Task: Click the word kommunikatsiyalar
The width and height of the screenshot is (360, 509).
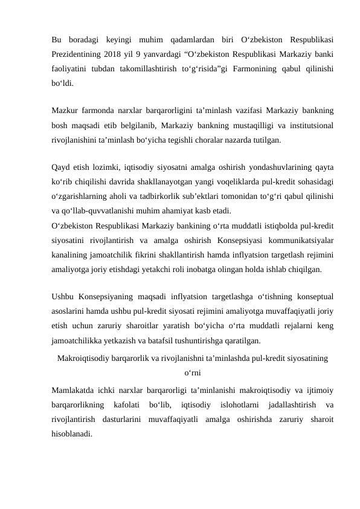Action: coord(303,236)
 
